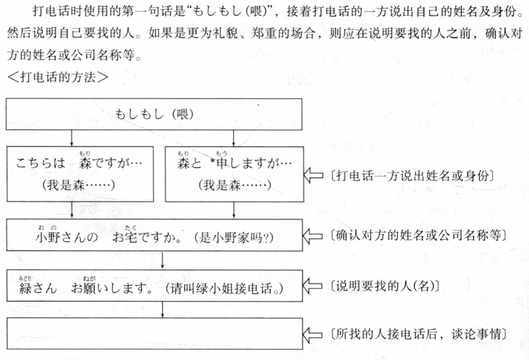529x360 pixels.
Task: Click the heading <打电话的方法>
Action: click(58, 77)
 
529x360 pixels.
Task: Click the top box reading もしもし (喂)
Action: click(154, 114)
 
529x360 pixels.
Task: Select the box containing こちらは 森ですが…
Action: click(80, 174)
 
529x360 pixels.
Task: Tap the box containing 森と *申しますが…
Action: click(235, 174)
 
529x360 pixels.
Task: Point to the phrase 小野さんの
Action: click(67, 237)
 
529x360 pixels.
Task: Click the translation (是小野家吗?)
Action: click(234, 238)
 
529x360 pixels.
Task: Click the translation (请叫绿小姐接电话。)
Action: click(224, 289)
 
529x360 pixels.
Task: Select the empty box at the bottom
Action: click(154, 333)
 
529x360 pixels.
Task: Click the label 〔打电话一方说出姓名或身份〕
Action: click(412, 176)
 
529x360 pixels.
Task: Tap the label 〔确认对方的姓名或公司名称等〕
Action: click(418, 235)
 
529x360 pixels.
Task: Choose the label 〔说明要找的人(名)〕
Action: click(384, 286)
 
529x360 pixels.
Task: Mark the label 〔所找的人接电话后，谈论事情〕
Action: click(418, 334)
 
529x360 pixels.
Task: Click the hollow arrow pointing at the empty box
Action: click(313, 335)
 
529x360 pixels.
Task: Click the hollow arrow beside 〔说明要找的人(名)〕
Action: click(313, 287)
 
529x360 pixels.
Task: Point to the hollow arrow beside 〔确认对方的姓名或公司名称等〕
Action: click(313, 236)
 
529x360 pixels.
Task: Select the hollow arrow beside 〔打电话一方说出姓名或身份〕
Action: click(314, 175)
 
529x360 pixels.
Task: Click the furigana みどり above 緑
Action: click(25, 278)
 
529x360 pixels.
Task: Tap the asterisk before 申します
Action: click(212, 161)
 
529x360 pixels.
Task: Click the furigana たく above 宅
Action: click(130, 227)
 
